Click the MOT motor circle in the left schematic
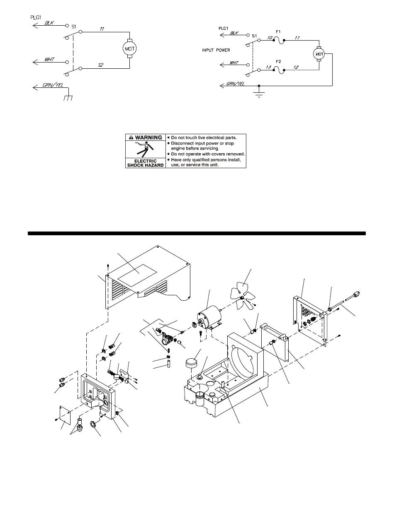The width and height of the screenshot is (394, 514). click(129, 49)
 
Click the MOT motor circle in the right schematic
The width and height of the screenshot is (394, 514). click(319, 54)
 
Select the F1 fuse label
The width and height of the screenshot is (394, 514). click(278, 32)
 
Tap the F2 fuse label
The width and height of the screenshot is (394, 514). click(278, 61)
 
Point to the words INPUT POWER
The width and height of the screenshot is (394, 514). click(216, 50)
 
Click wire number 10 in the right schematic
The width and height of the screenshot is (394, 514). click(270, 38)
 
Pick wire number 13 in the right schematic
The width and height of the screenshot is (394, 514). click(268, 67)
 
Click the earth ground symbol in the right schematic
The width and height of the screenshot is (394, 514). click(259, 94)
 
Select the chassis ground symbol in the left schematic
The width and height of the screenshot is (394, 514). click(68, 98)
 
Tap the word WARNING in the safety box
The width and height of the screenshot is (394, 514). click(148, 138)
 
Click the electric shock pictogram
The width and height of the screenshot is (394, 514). click(145, 149)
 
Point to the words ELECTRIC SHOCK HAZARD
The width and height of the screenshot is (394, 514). click(146, 163)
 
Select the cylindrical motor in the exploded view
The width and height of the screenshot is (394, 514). click(209, 316)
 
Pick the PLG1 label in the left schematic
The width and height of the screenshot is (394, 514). click(36, 17)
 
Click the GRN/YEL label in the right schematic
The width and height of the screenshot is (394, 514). click(235, 84)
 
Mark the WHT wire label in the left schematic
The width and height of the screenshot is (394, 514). click(49, 60)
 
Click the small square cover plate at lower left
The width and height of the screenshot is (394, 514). click(65, 415)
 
